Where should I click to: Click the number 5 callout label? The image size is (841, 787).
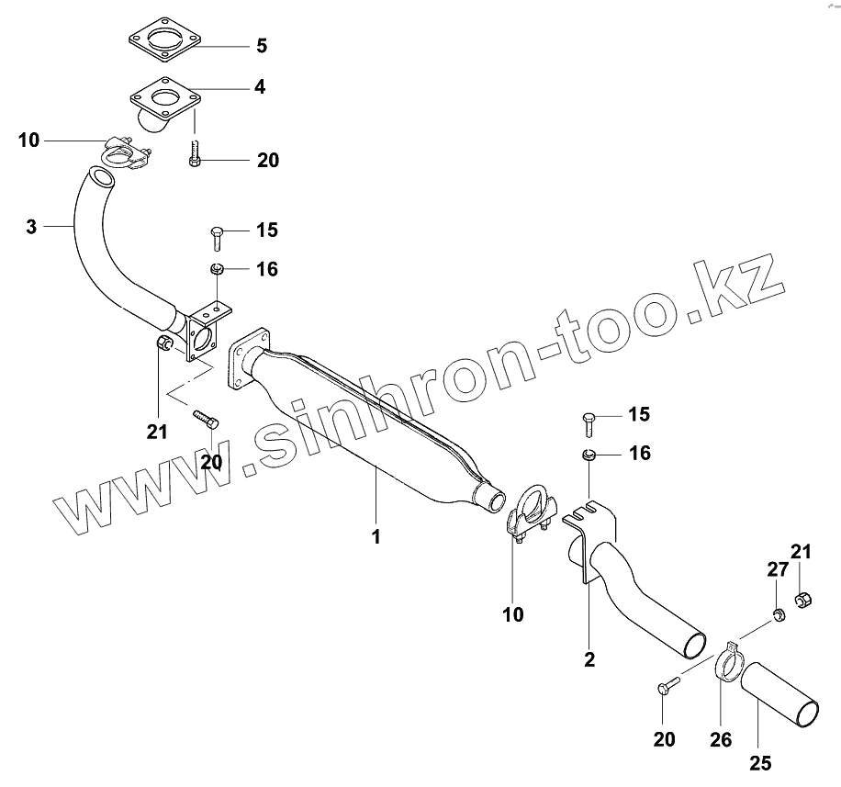[261, 45]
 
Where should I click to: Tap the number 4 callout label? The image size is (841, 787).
[261, 87]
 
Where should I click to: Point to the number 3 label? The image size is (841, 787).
[31, 225]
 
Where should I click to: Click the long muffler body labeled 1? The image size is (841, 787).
[367, 422]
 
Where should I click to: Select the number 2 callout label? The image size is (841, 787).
[589, 658]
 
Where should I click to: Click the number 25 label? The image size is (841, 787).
[761, 761]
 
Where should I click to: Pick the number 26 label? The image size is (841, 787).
[721, 739]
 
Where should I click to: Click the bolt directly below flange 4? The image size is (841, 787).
[195, 152]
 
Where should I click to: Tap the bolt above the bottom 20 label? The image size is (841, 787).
[666, 686]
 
